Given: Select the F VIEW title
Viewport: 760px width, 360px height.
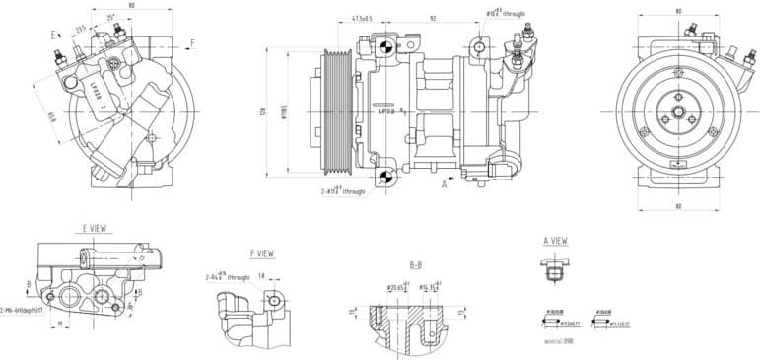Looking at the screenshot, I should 262,253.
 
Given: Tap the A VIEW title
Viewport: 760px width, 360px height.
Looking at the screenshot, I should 555,240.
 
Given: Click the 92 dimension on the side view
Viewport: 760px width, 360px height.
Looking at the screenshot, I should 431,17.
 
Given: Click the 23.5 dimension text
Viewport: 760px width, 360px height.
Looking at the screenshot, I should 81,29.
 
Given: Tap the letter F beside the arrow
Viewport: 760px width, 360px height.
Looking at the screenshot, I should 192,42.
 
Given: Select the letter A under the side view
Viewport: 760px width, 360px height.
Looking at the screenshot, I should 445,183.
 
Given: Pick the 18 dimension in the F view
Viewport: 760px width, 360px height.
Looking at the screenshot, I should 261,276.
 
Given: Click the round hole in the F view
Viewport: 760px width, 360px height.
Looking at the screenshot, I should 274,300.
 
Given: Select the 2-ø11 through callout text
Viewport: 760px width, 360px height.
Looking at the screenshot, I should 344,190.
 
